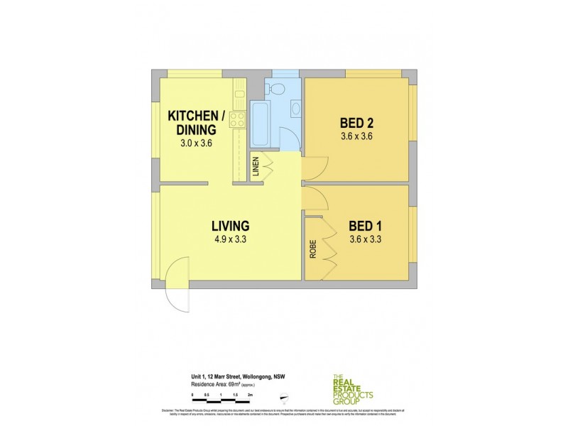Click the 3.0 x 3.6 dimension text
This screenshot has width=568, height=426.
click(196, 143)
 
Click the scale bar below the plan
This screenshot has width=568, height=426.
click(222, 393)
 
